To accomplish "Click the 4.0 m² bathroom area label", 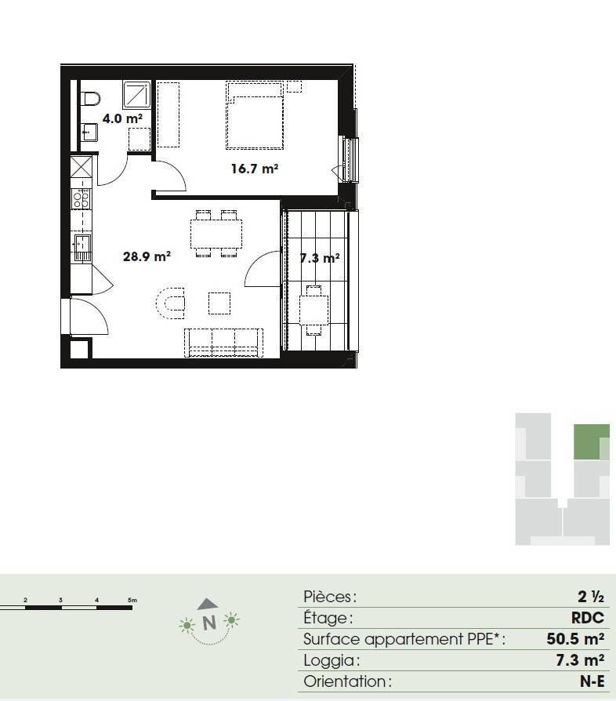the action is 122,118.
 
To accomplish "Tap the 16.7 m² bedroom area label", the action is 255,169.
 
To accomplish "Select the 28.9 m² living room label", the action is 147,256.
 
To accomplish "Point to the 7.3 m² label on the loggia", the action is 320,258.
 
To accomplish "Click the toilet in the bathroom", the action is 90,99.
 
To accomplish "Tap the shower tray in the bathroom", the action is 137,94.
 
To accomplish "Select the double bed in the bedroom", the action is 255,115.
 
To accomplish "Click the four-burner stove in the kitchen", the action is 82,198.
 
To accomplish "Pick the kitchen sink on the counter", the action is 82,248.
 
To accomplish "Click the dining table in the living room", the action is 216,234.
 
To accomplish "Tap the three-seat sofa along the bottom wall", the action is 223,343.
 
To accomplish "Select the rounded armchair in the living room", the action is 171,303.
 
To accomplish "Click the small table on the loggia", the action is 314,311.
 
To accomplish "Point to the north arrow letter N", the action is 209,623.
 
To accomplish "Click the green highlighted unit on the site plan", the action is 591,441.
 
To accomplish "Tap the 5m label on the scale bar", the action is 132,600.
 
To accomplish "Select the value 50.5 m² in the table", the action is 575,639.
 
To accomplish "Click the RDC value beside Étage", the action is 588,618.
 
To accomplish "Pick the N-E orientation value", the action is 592,681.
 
